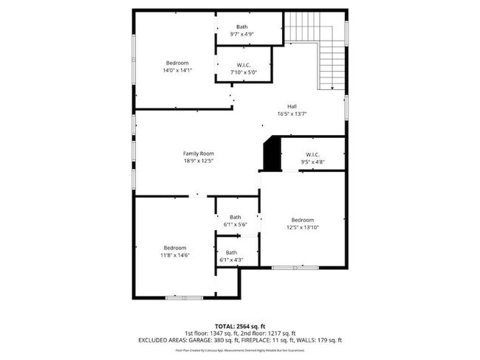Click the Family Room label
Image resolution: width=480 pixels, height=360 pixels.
tap(199, 153)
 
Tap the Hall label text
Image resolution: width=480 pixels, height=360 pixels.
tap(292, 106)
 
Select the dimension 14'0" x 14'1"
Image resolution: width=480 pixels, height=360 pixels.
tap(177, 69)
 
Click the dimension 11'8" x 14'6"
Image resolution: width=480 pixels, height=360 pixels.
tap(175, 255)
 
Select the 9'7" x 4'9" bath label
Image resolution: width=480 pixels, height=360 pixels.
tap(242, 34)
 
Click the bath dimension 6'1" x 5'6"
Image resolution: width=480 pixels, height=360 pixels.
tap(235, 224)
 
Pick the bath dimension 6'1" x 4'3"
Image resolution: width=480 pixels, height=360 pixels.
tap(231, 260)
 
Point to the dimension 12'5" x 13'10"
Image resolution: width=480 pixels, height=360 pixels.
tap(303, 227)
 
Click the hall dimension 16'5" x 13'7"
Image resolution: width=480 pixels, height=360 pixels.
tap(292, 114)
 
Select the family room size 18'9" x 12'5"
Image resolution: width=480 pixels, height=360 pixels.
tap(199, 161)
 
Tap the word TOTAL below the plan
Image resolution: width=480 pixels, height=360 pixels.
tap(224, 325)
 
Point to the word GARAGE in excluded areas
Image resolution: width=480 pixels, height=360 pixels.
tap(194, 340)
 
